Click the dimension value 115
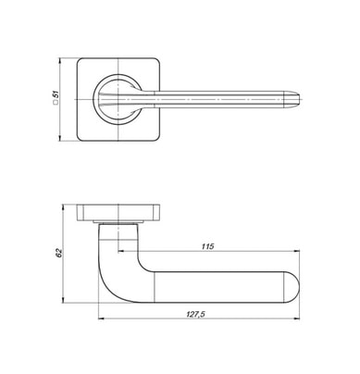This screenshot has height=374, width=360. [x=207, y=246]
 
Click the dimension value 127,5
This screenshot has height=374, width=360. [x=195, y=314]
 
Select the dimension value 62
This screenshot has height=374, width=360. [x=59, y=253]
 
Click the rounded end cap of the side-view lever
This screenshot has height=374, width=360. [x=292, y=287]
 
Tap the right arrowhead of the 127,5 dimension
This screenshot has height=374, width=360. [x=296, y=318]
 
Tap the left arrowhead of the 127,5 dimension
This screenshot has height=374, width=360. [x=102, y=318]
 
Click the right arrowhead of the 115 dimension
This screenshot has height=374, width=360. [x=296, y=251]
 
